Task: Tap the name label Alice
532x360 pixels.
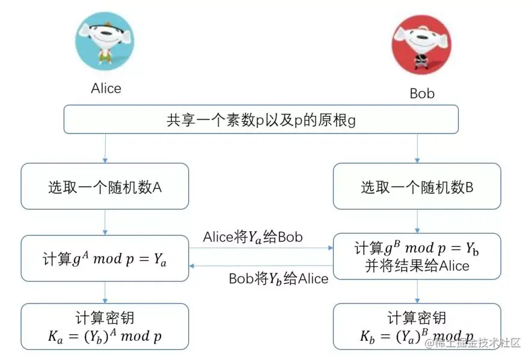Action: click(x=106, y=88)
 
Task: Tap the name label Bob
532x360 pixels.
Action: click(x=422, y=94)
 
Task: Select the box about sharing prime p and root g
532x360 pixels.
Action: click(x=261, y=120)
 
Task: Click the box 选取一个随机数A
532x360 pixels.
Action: click(x=105, y=187)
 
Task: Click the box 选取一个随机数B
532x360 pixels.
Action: click(x=417, y=187)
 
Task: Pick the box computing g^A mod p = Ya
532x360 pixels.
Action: click(x=105, y=259)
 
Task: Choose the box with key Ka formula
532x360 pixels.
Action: click(x=105, y=326)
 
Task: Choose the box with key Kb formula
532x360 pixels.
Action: click(x=417, y=326)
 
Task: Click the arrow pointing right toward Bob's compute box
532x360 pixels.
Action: click(x=261, y=248)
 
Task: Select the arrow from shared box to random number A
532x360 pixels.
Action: click(x=105, y=148)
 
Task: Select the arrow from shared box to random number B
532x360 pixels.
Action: click(x=417, y=148)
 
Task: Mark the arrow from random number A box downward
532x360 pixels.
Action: click(x=105, y=222)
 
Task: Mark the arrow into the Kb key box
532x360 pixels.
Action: click(x=417, y=291)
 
